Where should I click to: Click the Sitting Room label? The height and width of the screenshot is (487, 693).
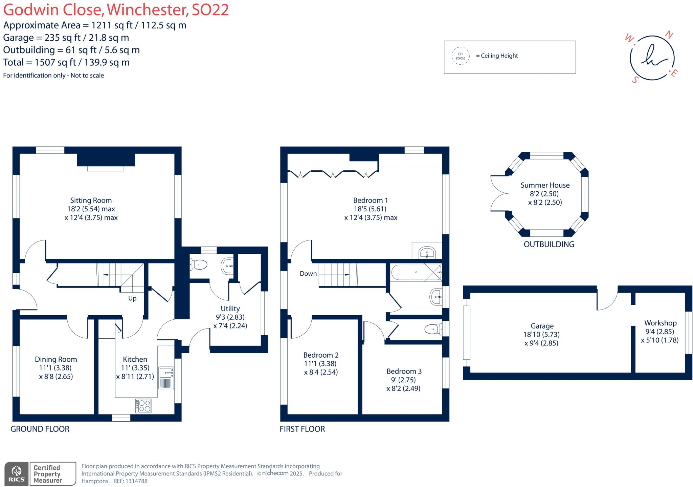point(91,200)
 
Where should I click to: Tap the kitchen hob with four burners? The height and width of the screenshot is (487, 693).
point(143,405)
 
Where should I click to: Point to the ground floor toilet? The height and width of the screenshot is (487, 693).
point(199,264)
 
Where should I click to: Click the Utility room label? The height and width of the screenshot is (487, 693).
point(230,309)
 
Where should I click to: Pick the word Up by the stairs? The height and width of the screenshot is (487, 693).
point(132,298)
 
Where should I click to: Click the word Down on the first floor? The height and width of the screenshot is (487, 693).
point(308,274)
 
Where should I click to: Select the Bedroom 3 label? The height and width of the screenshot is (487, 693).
point(404,371)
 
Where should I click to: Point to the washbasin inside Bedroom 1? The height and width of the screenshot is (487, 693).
point(427,253)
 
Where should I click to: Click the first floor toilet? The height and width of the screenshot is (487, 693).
point(433,329)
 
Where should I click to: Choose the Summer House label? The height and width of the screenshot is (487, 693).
point(545,185)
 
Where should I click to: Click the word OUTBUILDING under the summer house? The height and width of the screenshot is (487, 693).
point(549,244)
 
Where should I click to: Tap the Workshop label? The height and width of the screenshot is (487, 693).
point(660,323)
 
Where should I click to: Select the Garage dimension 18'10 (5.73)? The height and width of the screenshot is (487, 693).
point(541,335)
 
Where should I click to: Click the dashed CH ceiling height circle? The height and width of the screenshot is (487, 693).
point(460,56)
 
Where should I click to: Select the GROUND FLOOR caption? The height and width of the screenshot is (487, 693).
point(40,429)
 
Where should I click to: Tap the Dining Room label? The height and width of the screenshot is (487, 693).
point(56,359)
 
